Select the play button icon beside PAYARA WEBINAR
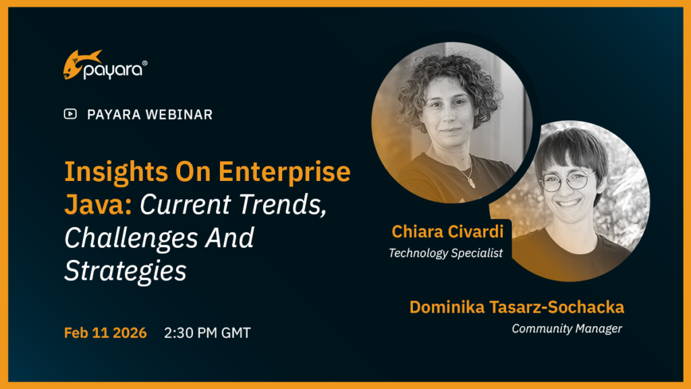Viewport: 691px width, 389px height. coord(70,114)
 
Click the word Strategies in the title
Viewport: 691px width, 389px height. coord(125,270)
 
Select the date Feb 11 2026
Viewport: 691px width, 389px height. coord(105,333)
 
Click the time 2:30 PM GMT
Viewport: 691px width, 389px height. coord(207,333)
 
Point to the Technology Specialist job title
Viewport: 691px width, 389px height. coord(445,254)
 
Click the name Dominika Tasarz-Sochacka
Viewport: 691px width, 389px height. coord(517,308)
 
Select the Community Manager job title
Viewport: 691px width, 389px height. coord(567,329)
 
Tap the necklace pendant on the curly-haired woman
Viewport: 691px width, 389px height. coord(469,182)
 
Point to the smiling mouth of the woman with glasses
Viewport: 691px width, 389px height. coord(568,202)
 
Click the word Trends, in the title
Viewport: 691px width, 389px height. coord(283,205)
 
